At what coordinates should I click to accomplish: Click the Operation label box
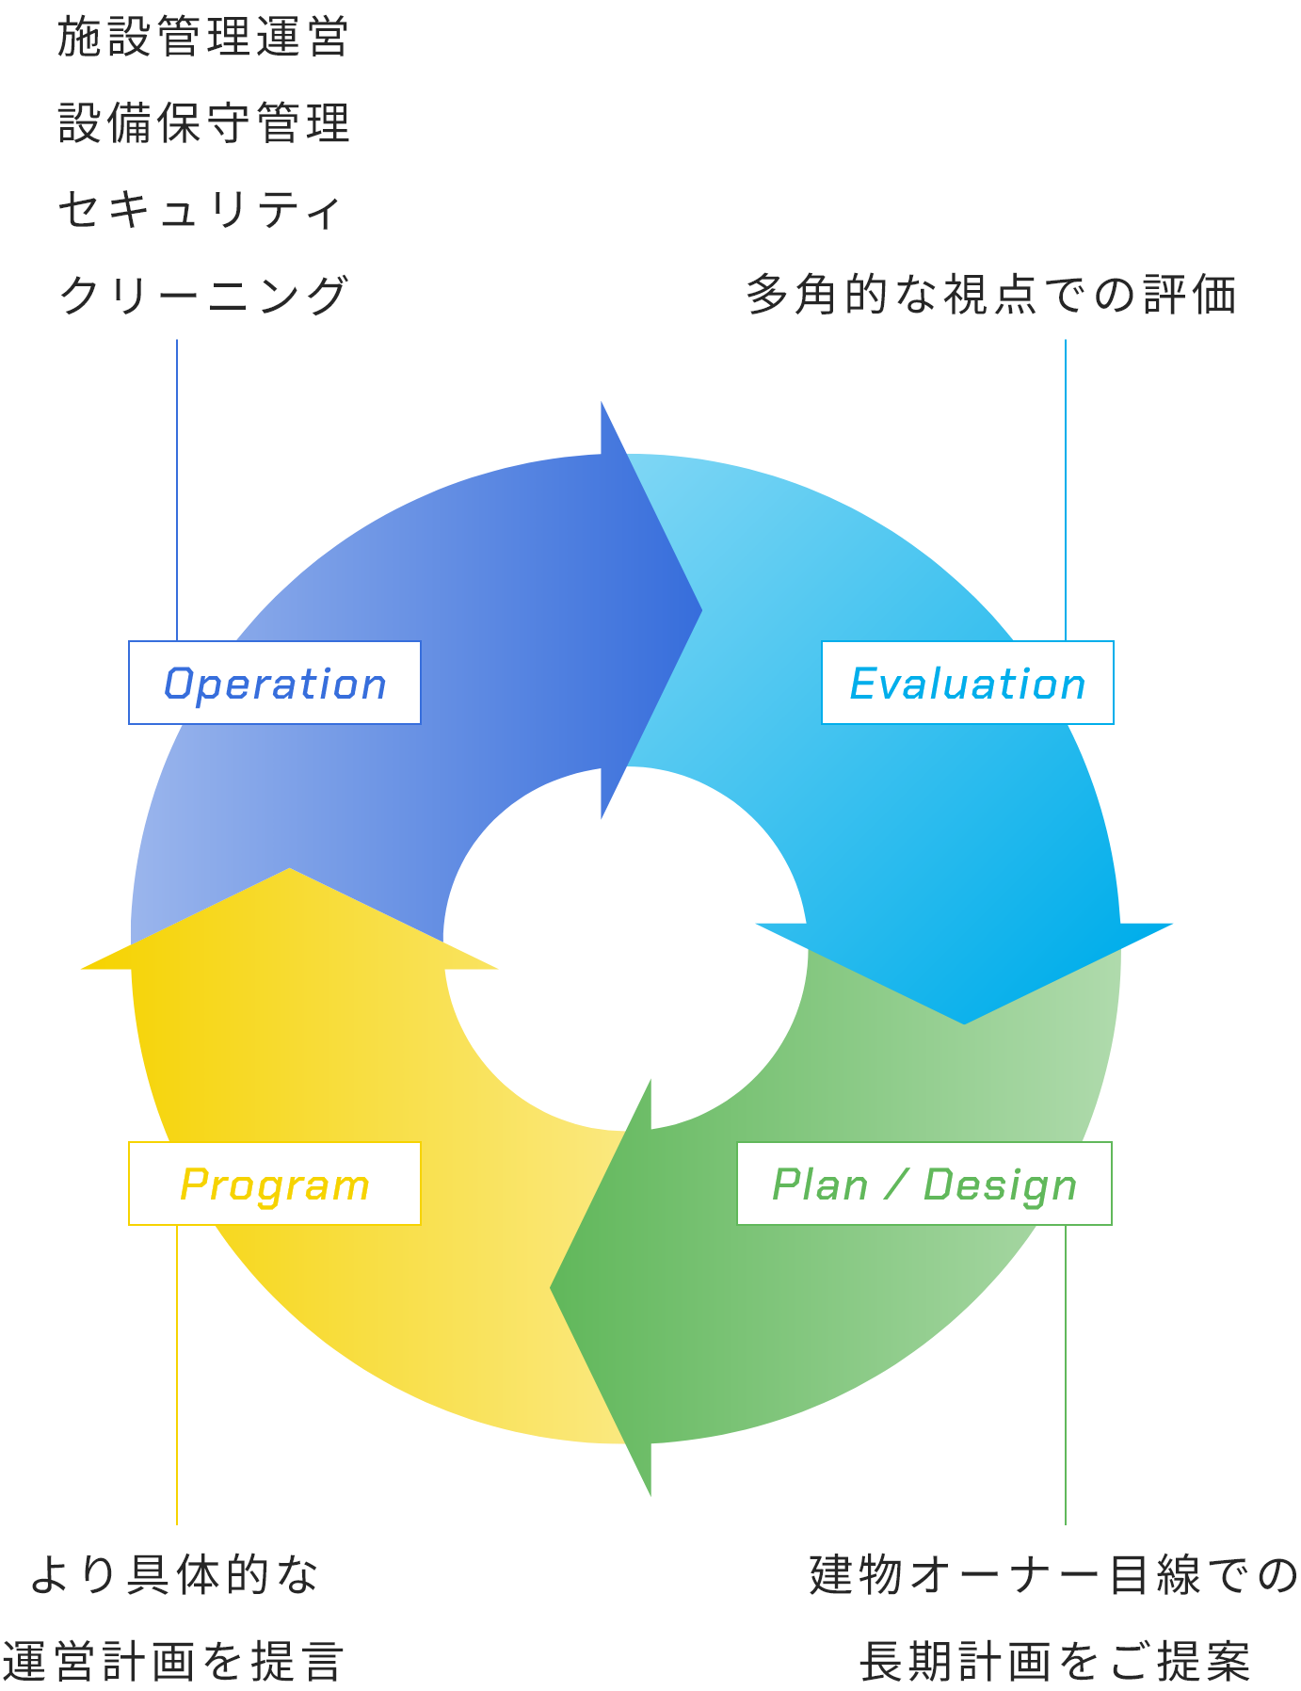(274, 683)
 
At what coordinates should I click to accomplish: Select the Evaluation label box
(967, 683)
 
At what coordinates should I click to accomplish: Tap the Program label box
(274, 1184)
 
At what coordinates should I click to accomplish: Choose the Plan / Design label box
(924, 1184)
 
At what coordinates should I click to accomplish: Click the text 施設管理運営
(203, 38)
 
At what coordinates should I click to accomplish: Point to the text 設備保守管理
(203, 123)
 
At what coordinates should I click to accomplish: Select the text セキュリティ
(200, 209)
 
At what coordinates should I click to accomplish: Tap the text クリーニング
(203, 295)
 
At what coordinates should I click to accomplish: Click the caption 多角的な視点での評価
(990, 295)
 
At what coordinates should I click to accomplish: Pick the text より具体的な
(174, 1575)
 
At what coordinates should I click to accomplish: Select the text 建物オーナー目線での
(1053, 1575)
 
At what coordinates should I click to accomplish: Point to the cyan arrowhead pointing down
(964, 970)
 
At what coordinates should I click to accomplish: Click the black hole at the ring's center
(625, 949)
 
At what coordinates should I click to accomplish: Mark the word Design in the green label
(1000, 1185)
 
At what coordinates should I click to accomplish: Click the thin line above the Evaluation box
(1066, 490)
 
